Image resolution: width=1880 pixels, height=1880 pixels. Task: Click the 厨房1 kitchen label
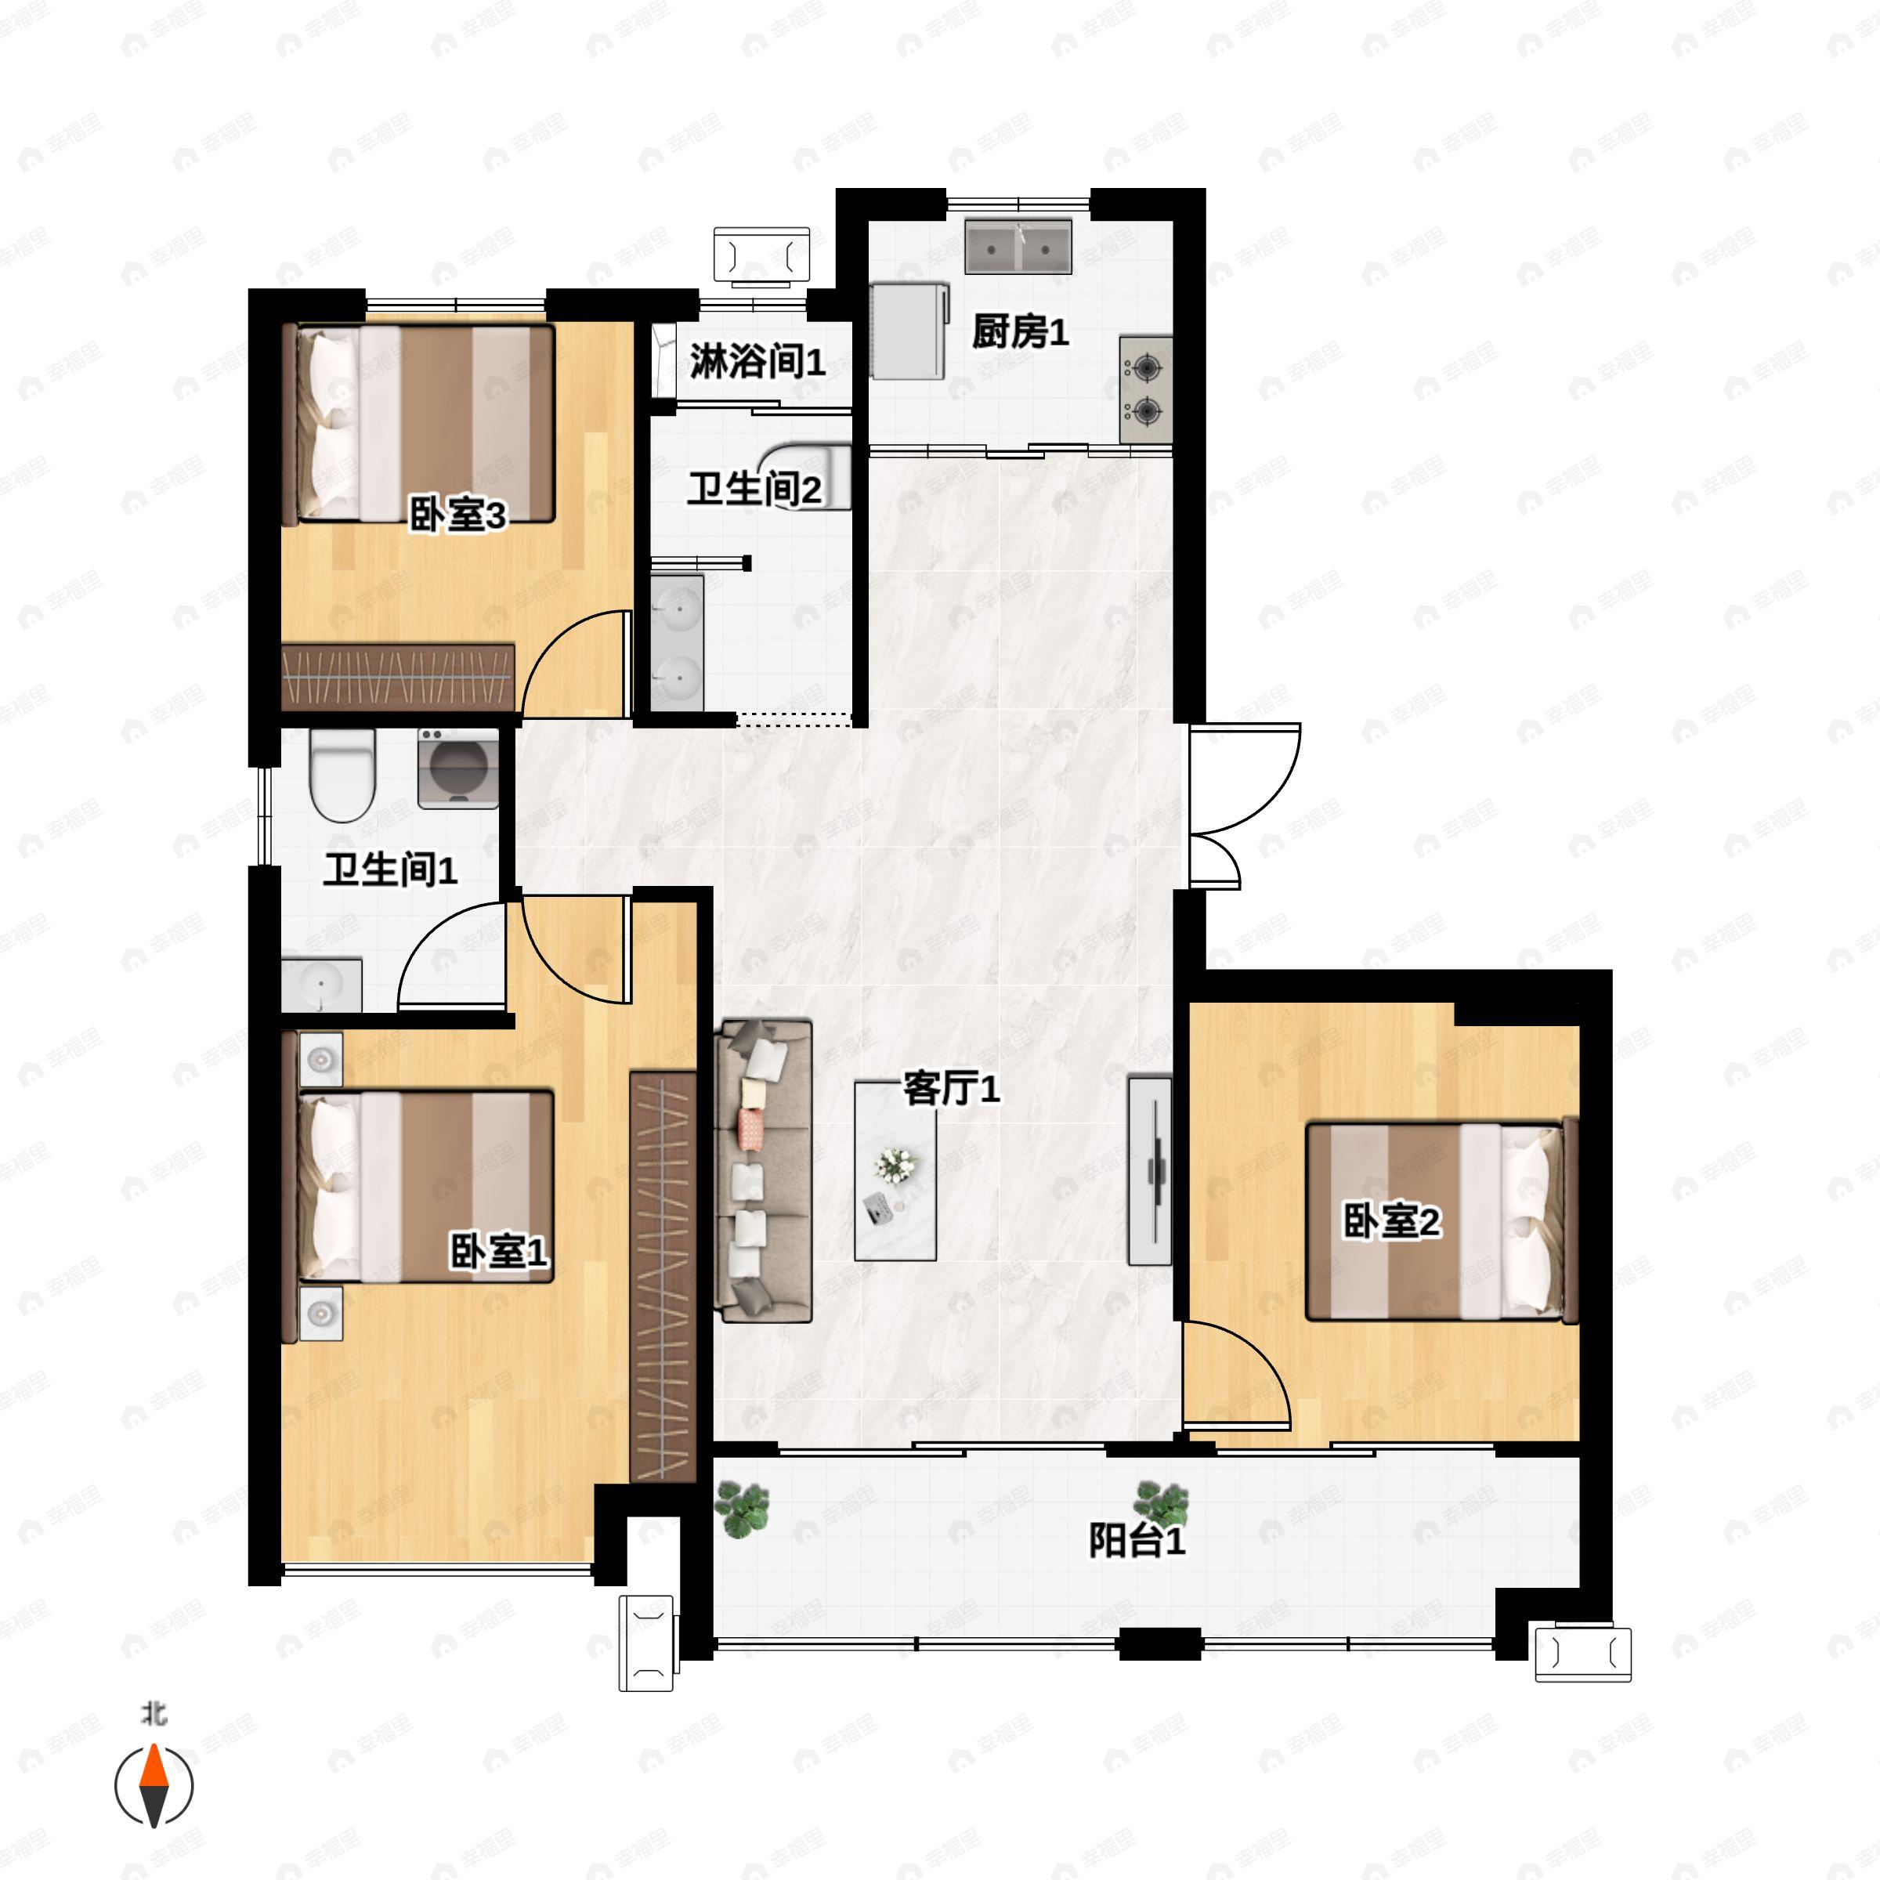(1020, 333)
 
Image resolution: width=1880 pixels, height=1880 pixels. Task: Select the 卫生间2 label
(754, 489)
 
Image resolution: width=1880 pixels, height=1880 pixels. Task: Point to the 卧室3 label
(457, 515)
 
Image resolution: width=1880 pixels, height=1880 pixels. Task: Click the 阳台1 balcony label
(1137, 1540)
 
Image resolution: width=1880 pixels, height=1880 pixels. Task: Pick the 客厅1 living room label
(951, 1088)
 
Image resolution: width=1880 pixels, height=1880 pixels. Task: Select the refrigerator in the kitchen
(909, 331)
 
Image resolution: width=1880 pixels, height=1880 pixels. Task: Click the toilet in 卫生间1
(342, 775)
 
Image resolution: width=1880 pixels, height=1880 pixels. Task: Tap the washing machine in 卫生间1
(458, 768)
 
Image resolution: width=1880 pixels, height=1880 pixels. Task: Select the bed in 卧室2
(1441, 1221)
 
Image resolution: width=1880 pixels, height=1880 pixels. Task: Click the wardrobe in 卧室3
(398, 676)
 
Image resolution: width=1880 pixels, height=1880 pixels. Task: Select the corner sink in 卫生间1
(321, 985)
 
